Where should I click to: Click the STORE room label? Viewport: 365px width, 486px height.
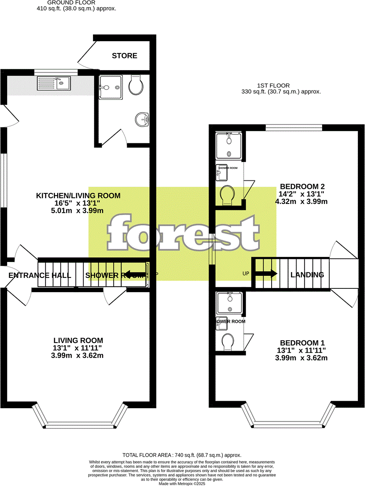tap(124, 56)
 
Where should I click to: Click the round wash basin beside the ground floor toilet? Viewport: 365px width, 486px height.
tap(142, 119)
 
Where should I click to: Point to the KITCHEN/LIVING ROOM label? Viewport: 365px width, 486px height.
tap(78, 195)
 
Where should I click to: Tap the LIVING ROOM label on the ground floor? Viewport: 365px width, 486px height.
tap(78, 340)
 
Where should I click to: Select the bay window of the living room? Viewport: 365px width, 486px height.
tap(79, 425)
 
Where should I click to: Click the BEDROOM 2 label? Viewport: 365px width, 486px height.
tap(302, 187)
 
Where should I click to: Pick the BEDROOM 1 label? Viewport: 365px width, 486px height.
tap(302, 343)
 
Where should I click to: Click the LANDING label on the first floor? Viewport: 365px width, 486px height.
tap(307, 275)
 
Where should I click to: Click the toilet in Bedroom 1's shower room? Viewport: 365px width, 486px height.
tap(228, 341)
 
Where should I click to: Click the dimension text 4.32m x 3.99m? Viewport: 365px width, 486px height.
tap(301, 202)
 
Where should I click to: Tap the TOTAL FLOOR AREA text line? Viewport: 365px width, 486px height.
tap(182, 455)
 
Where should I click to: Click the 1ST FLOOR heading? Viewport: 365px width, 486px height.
tap(273, 86)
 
